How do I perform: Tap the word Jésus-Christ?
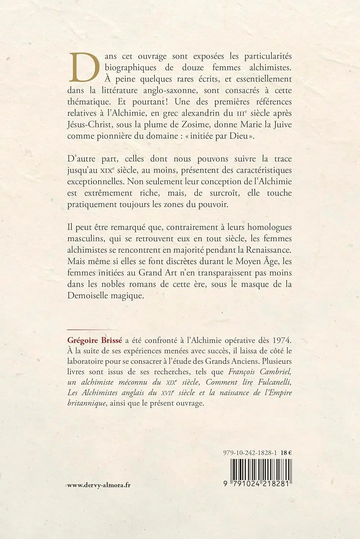tap(86, 125)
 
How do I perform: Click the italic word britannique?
tap(87, 403)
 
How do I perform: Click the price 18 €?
tap(286, 453)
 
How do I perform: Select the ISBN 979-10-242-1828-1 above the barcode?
tap(249, 453)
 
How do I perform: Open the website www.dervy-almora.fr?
tap(99, 485)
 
